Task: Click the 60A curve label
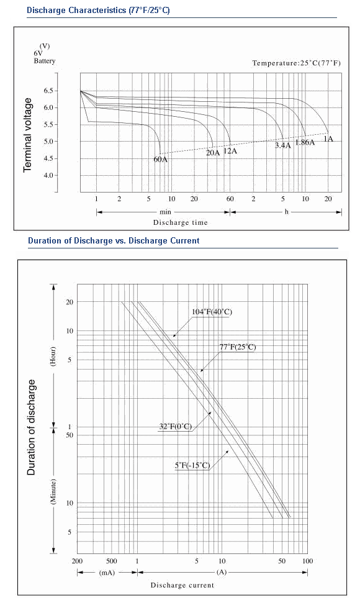[161, 159]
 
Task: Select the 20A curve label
[213, 153]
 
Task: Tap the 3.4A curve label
[283, 145]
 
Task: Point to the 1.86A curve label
[305, 143]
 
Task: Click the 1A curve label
[328, 139]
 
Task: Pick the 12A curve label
[230, 151]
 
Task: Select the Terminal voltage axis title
[27, 135]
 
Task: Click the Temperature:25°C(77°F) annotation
[296, 63]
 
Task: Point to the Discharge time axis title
[180, 222]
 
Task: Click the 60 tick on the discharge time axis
[230, 199]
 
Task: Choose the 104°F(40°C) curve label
[212, 312]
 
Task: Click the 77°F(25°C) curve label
[238, 347]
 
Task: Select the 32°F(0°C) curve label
[175, 427]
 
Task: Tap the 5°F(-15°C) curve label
[192, 465]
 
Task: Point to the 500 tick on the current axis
[111, 561]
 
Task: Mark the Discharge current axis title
[182, 585]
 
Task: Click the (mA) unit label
[107, 573]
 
